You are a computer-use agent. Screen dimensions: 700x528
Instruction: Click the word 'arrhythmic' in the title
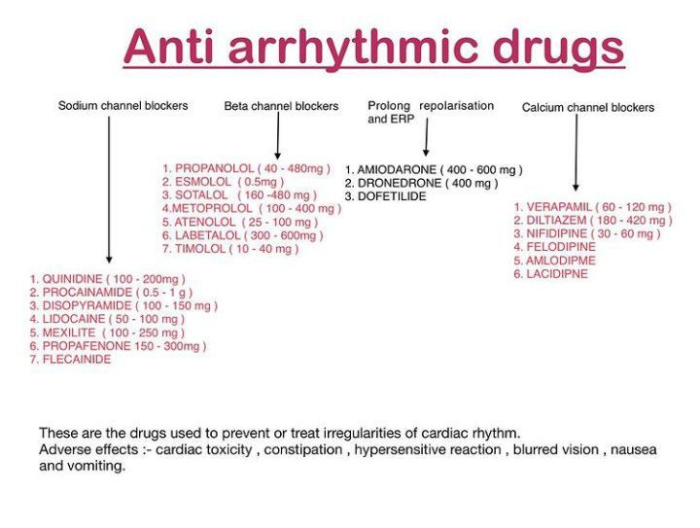tap(354, 49)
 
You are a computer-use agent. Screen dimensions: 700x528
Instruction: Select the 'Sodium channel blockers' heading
tap(122, 106)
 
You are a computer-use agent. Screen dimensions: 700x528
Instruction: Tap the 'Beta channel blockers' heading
tap(281, 106)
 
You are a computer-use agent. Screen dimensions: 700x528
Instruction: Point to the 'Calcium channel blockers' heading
tap(588, 108)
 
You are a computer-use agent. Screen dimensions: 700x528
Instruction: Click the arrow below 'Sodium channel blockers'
tap(109, 190)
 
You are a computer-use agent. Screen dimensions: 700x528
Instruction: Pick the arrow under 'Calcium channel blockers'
tap(576, 153)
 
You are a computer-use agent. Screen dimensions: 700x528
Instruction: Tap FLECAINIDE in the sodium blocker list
tap(77, 359)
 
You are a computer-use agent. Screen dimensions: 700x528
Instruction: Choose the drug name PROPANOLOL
tap(214, 168)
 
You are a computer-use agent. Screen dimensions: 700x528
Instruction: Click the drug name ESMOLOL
tap(203, 182)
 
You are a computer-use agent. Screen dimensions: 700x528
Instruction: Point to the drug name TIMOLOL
tap(200, 249)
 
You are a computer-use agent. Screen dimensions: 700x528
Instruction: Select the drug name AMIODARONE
tap(397, 169)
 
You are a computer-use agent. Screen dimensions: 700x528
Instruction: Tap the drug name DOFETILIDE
tap(392, 196)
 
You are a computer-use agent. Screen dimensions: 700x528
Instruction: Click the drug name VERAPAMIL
tap(559, 207)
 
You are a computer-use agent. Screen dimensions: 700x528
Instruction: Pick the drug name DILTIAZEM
tap(556, 221)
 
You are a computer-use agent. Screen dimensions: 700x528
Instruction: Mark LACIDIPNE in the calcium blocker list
tap(557, 274)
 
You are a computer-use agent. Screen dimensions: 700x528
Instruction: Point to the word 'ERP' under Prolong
tap(403, 120)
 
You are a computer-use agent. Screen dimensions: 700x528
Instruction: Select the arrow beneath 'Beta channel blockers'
tap(278, 136)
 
